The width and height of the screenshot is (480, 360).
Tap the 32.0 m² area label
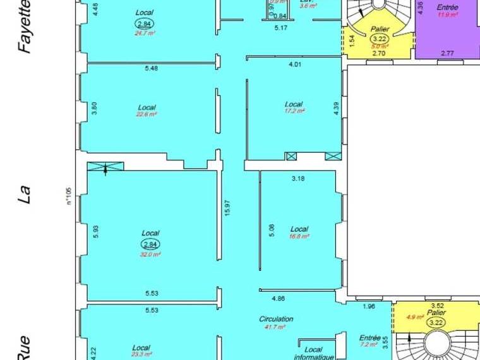coord(151,255)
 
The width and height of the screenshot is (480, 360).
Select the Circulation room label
coord(276,319)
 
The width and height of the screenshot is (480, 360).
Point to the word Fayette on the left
coord(26,27)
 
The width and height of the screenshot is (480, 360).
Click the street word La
coord(26,193)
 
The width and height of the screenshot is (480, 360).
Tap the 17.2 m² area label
coord(294,111)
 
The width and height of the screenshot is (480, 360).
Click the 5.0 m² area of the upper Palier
coord(380,46)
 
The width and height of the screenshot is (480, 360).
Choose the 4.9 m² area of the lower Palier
coord(414,317)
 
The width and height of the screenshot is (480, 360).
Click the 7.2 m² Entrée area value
coord(369,345)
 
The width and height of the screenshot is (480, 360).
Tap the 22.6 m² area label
coord(147,115)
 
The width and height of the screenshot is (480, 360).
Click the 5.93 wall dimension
coord(95,232)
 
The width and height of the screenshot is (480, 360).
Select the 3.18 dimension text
coord(298,179)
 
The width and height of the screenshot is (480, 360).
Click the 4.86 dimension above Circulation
coord(279,297)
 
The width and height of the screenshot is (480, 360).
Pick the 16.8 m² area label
coord(299,236)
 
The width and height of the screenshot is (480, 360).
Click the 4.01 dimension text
coord(295,64)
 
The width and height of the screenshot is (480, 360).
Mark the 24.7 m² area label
coord(145,33)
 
